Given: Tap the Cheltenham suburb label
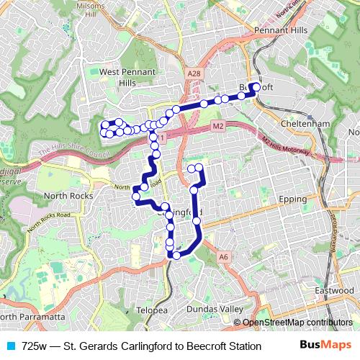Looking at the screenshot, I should tap(305, 124).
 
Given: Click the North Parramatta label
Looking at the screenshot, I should tap(32, 317).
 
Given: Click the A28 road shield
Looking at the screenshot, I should tap(192, 73).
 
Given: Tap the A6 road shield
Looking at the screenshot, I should tap(224, 256).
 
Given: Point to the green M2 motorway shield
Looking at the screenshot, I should tap(218, 127).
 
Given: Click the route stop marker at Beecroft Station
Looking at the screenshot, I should tap(256, 86).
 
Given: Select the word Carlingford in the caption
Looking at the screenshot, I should tap(138, 346).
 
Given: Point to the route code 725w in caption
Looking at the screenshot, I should tap(35, 346).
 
